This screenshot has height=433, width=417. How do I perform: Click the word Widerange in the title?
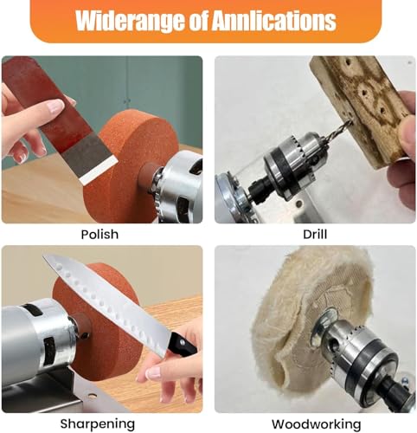tap(129, 20)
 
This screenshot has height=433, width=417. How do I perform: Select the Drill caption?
tap(314, 235)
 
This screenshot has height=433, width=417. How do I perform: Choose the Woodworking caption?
tap(315, 423)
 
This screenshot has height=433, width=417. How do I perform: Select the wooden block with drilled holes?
tap(363, 104)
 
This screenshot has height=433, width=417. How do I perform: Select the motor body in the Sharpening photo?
tap(35, 333)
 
